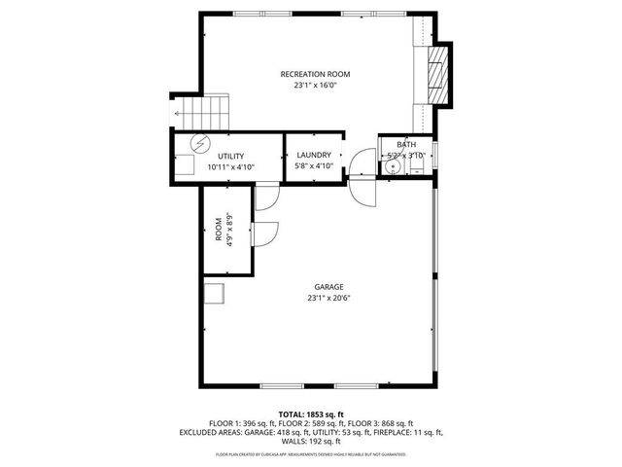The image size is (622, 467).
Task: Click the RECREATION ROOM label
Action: coord(315,74)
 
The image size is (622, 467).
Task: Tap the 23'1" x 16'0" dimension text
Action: coord(315,86)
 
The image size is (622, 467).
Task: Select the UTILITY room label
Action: coord(230,156)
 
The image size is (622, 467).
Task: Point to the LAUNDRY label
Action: coord(314,155)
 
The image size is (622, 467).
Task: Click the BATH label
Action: coord(406,145)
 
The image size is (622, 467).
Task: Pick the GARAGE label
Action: coord(328,287)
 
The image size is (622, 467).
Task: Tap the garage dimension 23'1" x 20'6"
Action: coord(328,298)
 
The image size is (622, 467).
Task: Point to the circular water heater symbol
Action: coord(198,144)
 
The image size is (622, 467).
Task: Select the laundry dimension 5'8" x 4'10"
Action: coord(314,166)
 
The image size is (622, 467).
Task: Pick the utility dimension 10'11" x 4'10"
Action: coord(230,166)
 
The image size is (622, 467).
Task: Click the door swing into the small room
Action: coord(264,234)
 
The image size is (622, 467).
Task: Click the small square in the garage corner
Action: coord(213,294)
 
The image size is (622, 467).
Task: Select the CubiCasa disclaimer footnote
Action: coord(310,454)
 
